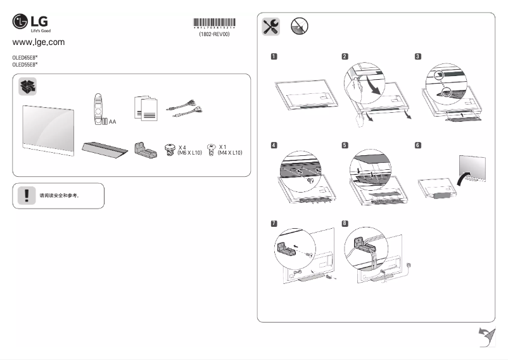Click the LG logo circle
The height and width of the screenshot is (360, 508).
[x=20, y=22]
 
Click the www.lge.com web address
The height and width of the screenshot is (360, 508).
[x=39, y=42]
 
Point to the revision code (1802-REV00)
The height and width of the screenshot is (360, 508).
[x=214, y=35]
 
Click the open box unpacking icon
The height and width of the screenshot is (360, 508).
[x=28, y=87]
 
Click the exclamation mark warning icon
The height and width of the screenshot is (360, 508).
[x=26, y=195]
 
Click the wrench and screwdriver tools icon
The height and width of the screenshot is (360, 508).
[x=270, y=26]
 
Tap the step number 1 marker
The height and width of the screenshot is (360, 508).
[x=274, y=56]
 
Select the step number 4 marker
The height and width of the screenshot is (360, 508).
[x=274, y=145]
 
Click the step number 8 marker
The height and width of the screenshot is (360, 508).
[x=345, y=223]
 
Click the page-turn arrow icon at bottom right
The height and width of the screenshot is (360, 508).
[x=485, y=337]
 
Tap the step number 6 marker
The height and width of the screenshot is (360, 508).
[x=417, y=145]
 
